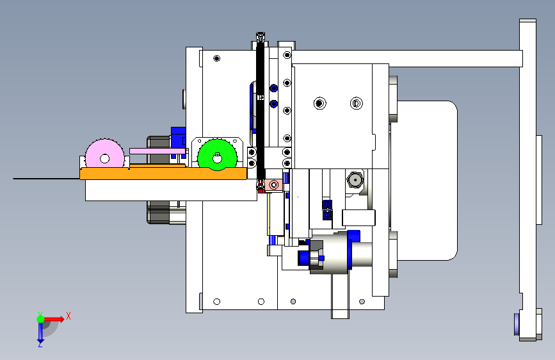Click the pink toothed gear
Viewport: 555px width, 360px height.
[x=105, y=153]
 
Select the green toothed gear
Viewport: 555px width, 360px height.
[x=218, y=155]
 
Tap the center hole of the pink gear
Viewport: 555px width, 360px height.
[x=104, y=158]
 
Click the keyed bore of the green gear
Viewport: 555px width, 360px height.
[x=218, y=158]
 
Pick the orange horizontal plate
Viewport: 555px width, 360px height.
[x=163, y=173]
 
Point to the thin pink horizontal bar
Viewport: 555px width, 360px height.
[x=157, y=151]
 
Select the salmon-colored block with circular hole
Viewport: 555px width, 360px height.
[x=273, y=185]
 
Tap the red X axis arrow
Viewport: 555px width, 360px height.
[x=54, y=319]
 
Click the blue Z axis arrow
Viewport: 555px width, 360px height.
[x=40, y=332]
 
